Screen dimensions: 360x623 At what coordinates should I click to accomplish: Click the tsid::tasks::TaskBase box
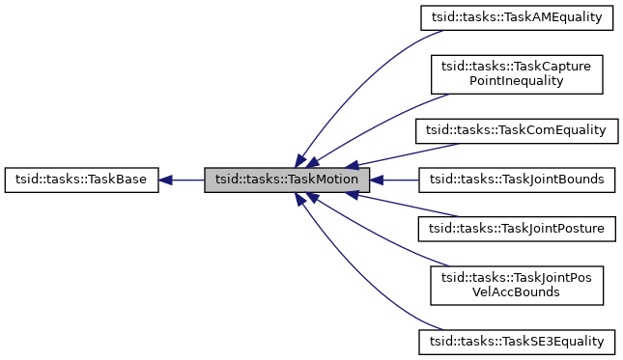pyautogui.click(x=81, y=180)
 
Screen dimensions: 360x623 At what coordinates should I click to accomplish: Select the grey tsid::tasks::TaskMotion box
pyautogui.click(x=287, y=180)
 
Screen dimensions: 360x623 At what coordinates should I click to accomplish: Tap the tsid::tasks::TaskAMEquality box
pyautogui.click(x=516, y=17)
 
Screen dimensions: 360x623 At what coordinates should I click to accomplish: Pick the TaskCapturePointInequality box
pyautogui.click(x=516, y=73)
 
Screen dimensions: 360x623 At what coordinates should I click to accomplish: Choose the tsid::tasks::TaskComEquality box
pyautogui.click(x=516, y=129)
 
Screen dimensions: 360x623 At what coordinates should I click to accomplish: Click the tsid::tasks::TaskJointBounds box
pyautogui.click(x=516, y=180)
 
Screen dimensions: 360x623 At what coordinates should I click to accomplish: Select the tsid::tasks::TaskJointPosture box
pyautogui.click(x=516, y=230)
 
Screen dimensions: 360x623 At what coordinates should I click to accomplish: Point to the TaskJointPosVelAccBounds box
pyautogui.click(x=516, y=286)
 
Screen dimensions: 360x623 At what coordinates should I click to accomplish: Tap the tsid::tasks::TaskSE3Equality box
pyautogui.click(x=516, y=342)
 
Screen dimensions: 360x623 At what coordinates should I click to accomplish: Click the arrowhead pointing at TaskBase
pyautogui.click(x=166, y=180)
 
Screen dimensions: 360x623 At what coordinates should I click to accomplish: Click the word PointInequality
pyautogui.click(x=516, y=82)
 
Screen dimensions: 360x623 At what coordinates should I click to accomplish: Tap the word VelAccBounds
pyautogui.click(x=516, y=294)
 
